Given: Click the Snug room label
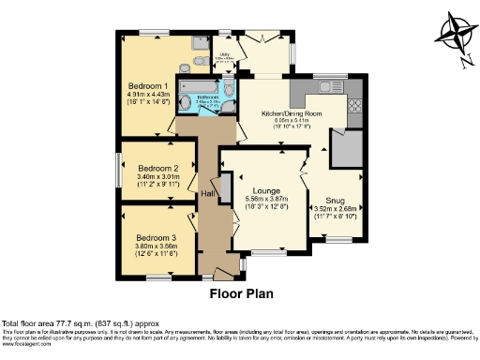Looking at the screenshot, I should (x=335, y=200).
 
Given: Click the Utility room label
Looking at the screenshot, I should (x=225, y=55).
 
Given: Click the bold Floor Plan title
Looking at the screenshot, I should (x=240, y=293).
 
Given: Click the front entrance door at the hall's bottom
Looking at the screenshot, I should (x=220, y=275).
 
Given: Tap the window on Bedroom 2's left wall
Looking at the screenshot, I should (x=118, y=168).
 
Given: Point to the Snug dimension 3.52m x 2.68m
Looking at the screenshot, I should (x=335, y=209).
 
